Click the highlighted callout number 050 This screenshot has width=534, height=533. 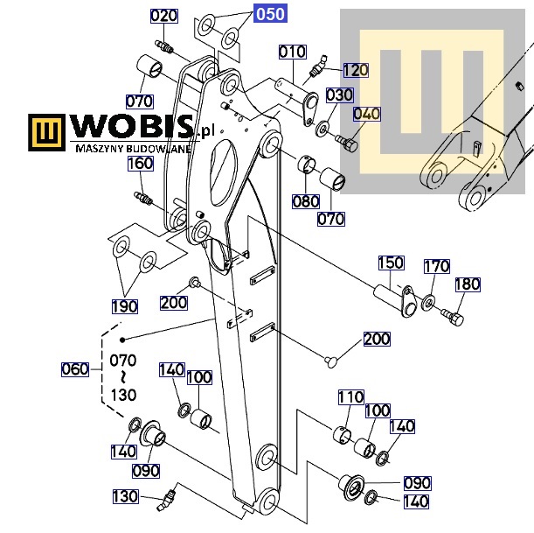270,14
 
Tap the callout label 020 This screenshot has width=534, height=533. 163,16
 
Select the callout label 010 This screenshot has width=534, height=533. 292,52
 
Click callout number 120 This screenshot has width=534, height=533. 356,70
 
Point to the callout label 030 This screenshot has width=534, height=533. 339,95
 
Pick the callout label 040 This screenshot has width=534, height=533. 367,114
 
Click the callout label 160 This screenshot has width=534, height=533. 141,164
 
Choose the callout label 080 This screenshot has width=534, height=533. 306,201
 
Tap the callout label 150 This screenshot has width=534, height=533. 391,263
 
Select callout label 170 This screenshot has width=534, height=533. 437,266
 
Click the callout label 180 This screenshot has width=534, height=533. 468,284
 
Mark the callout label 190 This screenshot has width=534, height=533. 125,306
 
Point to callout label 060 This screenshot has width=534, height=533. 75,369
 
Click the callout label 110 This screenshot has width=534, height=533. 350,397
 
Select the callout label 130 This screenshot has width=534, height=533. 125,496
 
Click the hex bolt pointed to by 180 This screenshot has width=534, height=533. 453,317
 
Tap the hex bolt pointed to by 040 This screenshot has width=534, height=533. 347,144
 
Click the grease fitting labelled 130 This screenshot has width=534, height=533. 167,500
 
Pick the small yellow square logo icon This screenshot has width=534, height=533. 46,132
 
